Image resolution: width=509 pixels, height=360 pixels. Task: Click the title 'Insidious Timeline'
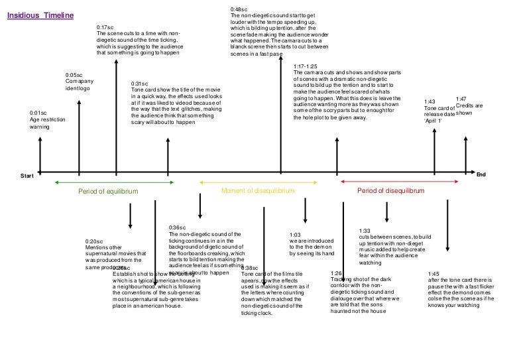40,14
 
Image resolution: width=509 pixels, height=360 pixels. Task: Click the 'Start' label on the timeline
27,175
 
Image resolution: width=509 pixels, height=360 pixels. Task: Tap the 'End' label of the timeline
481,174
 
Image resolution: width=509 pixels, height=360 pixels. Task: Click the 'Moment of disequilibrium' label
257,190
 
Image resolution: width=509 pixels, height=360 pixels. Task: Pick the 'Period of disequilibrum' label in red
390,190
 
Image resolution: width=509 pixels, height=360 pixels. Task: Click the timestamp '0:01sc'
38,113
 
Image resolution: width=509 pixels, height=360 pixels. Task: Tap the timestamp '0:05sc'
74,75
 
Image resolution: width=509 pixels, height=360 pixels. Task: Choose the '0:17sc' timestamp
105,27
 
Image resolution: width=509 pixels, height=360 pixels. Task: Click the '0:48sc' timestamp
239,9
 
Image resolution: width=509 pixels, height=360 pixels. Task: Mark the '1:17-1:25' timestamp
305,66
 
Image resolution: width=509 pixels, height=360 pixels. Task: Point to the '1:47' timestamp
462,99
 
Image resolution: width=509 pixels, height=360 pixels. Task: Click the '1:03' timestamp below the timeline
296,234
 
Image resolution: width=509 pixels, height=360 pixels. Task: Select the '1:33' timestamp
365,230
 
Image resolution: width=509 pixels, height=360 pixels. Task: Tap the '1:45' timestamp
434,273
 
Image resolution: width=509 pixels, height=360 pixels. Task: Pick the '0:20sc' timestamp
95,241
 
